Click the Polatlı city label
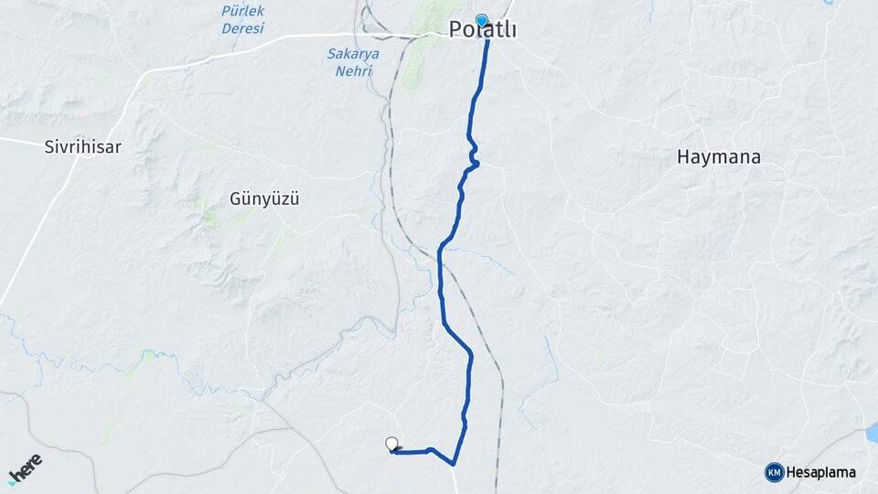click(483, 31)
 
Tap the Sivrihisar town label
click(83, 146)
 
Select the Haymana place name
click(719, 156)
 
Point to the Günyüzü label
click(265, 198)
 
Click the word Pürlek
click(242, 11)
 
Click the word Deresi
click(242, 28)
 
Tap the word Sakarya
click(353, 53)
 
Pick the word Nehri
click(353, 70)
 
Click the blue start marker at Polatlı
click(482, 19)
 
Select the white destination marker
click(392, 444)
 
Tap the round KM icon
click(775, 472)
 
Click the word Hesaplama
click(822, 472)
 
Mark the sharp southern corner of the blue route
click(455, 462)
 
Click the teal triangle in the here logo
click(12, 482)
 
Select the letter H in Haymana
click(683, 156)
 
